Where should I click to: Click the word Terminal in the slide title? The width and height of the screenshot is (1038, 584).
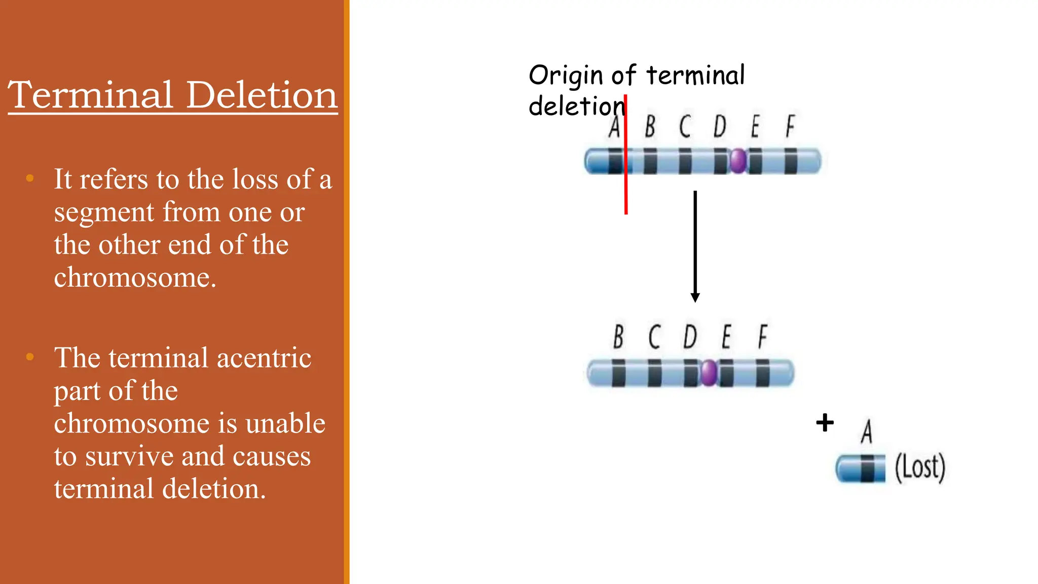[91, 95]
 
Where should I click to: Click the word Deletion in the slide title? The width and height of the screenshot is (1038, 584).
[262, 95]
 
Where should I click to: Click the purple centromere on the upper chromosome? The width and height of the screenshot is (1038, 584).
[738, 161]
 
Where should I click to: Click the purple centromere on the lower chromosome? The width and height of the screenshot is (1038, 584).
[709, 373]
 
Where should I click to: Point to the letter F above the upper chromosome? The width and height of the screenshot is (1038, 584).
[790, 126]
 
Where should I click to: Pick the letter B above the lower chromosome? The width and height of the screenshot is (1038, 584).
[618, 337]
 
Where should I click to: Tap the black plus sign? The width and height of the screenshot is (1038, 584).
[825, 422]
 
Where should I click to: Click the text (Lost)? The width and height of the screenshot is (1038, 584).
[920, 467]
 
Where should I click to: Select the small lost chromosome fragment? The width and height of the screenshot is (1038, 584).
[861, 468]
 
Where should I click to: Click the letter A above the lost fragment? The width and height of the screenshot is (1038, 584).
[867, 431]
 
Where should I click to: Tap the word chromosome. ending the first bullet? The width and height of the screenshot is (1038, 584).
[135, 277]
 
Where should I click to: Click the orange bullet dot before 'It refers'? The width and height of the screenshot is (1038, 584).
[30, 178]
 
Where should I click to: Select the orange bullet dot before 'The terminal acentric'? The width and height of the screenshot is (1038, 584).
[30, 357]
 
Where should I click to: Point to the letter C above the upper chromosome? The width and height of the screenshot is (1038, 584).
[685, 126]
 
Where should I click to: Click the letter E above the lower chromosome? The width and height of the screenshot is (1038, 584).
[726, 337]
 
